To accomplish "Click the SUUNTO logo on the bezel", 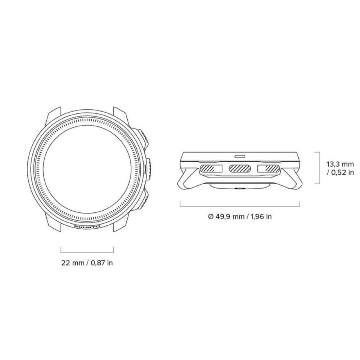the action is (87, 226).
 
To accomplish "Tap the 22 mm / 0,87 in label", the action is (87, 263).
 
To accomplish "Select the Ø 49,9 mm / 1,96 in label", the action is (240, 216).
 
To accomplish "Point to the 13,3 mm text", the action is (341, 165).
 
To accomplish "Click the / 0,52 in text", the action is (341, 172).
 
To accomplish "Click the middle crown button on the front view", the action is (148, 169).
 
